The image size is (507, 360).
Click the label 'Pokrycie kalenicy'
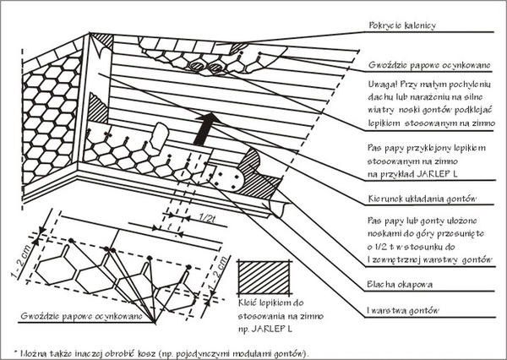tap(401, 26)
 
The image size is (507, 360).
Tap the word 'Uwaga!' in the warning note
tap(384, 85)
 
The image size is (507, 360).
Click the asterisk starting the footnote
tap(18, 348)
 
